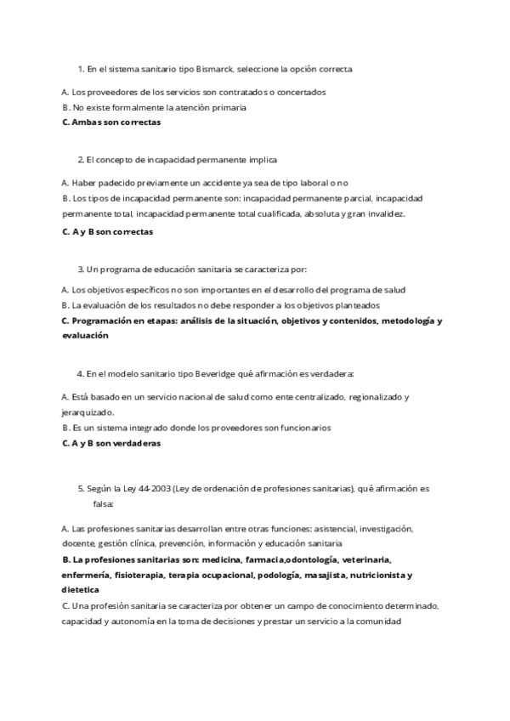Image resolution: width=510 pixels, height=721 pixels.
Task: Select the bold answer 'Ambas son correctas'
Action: (x=116, y=122)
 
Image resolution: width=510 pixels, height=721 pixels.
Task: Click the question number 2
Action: (x=80, y=159)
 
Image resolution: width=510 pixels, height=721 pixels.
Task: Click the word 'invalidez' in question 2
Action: (x=385, y=213)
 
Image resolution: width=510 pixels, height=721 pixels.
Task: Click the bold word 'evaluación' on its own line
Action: (x=85, y=336)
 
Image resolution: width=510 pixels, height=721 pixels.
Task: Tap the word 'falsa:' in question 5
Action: (x=105, y=504)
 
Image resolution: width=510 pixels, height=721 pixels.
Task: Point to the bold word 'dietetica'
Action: (x=81, y=589)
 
